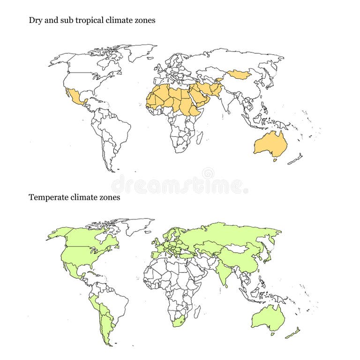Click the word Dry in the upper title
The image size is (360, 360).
tap(35, 20)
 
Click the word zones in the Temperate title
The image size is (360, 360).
tap(110, 197)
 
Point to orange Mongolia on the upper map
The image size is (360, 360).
tap(239, 75)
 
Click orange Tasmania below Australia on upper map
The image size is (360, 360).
tap(275, 160)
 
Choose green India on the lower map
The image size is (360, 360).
tap(224, 275)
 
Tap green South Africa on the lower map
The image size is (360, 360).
tap(178, 322)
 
